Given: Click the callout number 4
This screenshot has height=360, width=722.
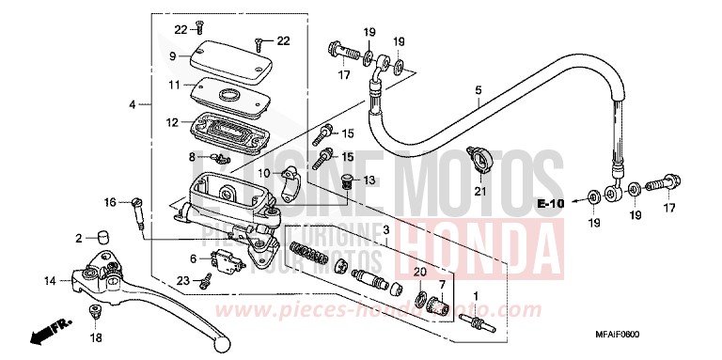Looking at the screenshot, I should pos(133,104).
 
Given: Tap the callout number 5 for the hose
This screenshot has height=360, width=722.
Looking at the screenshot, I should pos(478,91).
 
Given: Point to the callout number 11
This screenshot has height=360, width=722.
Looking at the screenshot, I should pos(174,85).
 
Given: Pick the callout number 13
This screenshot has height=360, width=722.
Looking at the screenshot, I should pos(369,180).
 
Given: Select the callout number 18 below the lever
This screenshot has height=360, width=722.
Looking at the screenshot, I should pos(96,337).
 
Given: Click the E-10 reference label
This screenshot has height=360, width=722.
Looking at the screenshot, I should pos(551,203).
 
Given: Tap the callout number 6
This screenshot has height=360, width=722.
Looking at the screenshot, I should pos(194,258).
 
